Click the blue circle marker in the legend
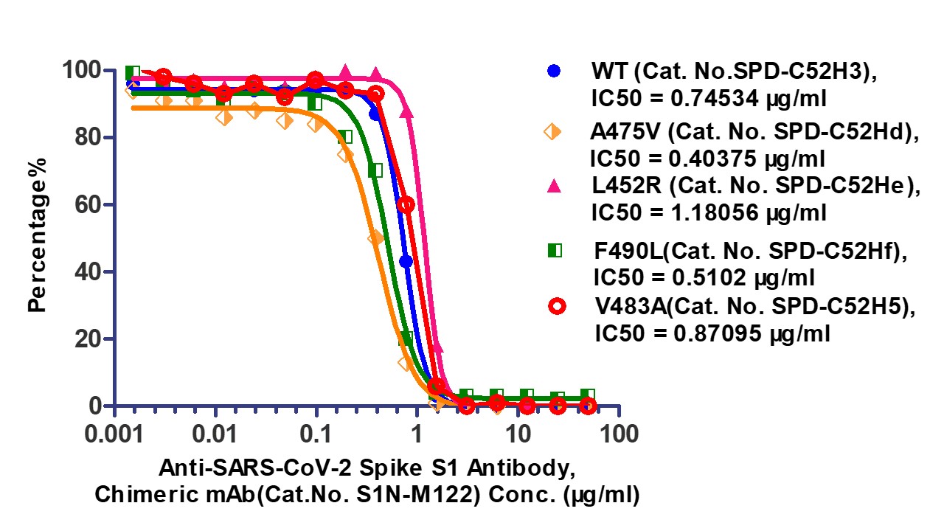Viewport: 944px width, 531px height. point(554,72)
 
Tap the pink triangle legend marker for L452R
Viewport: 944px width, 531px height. point(554,187)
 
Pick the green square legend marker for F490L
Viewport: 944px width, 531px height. point(554,251)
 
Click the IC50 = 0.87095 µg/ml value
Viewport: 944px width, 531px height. point(712,334)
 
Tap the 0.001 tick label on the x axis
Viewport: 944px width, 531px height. point(114,433)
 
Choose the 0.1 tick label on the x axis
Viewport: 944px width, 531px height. point(316,433)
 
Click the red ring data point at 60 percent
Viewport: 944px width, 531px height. point(406,204)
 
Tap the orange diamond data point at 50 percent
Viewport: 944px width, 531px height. point(375,238)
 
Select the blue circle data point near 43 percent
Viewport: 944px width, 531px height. point(406,261)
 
